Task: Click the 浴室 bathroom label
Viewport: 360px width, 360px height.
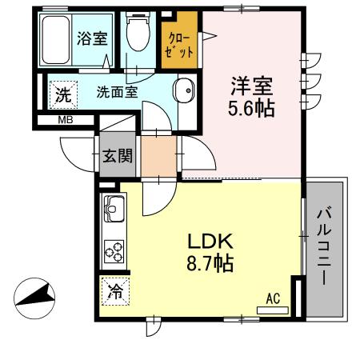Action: pos(93,38)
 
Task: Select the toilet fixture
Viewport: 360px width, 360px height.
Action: pos(138,36)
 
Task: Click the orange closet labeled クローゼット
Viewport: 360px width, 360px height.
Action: pos(180,43)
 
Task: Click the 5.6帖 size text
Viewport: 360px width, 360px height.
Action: pos(251,108)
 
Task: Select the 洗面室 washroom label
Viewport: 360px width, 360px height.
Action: pos(117,91)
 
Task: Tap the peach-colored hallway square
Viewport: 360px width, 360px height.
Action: pos(158,155)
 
